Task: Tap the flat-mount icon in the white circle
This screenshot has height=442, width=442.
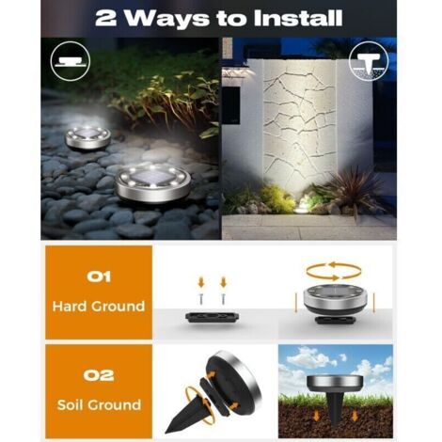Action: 70,61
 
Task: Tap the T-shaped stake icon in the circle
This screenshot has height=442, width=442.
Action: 368,62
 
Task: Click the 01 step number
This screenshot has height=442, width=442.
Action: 99,276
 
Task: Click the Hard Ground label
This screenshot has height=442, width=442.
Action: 99,306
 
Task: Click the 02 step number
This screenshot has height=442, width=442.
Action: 99,375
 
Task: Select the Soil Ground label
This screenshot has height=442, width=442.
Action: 99,404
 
